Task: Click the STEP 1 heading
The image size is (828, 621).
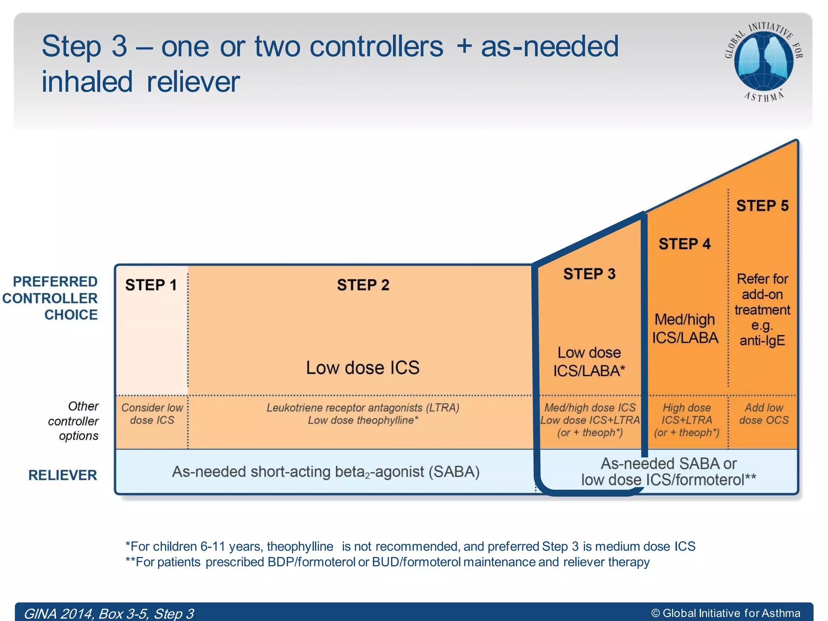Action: point(151,285)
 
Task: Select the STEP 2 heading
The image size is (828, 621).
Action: point(363,285)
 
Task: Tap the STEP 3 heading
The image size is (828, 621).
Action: point(589,274)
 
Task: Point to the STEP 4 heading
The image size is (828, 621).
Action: point(684,244)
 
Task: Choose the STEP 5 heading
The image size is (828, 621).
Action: point(762,206)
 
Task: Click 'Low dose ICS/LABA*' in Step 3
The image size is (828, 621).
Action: point(589,362)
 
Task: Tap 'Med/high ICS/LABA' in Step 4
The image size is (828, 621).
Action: point(685,329)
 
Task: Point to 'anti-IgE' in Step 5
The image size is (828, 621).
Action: point(762,341)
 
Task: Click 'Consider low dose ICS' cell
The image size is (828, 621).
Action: point(152,414)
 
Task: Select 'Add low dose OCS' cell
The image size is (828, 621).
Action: point(763,414)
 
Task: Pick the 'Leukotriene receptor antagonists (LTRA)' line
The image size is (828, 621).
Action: point(363,408)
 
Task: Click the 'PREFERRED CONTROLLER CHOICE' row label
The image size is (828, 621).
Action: point(51,298)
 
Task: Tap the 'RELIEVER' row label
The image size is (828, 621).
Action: point(63,475)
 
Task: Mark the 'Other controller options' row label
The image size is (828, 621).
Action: point(74,421)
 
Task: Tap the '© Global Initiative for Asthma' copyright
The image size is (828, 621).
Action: point(726,613)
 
